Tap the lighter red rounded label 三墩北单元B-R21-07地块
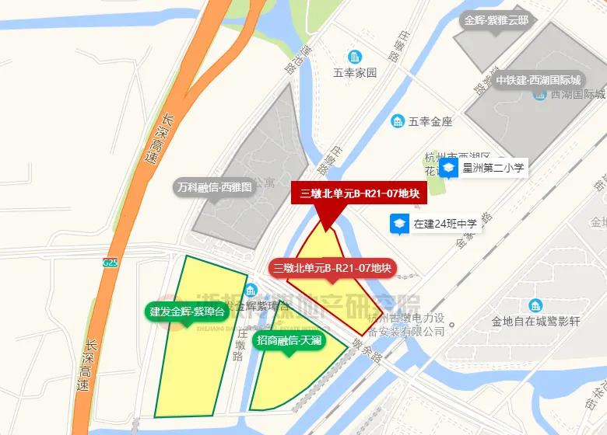[332, 269]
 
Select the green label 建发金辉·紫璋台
[187, 312]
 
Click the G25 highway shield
[110, 263]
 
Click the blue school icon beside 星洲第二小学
[448, 168]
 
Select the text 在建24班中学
[446, 224]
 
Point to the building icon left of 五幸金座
[398, 121]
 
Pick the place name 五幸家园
[355, 73]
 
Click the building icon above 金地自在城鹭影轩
[535, 305]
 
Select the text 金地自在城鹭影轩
[535, 321]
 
